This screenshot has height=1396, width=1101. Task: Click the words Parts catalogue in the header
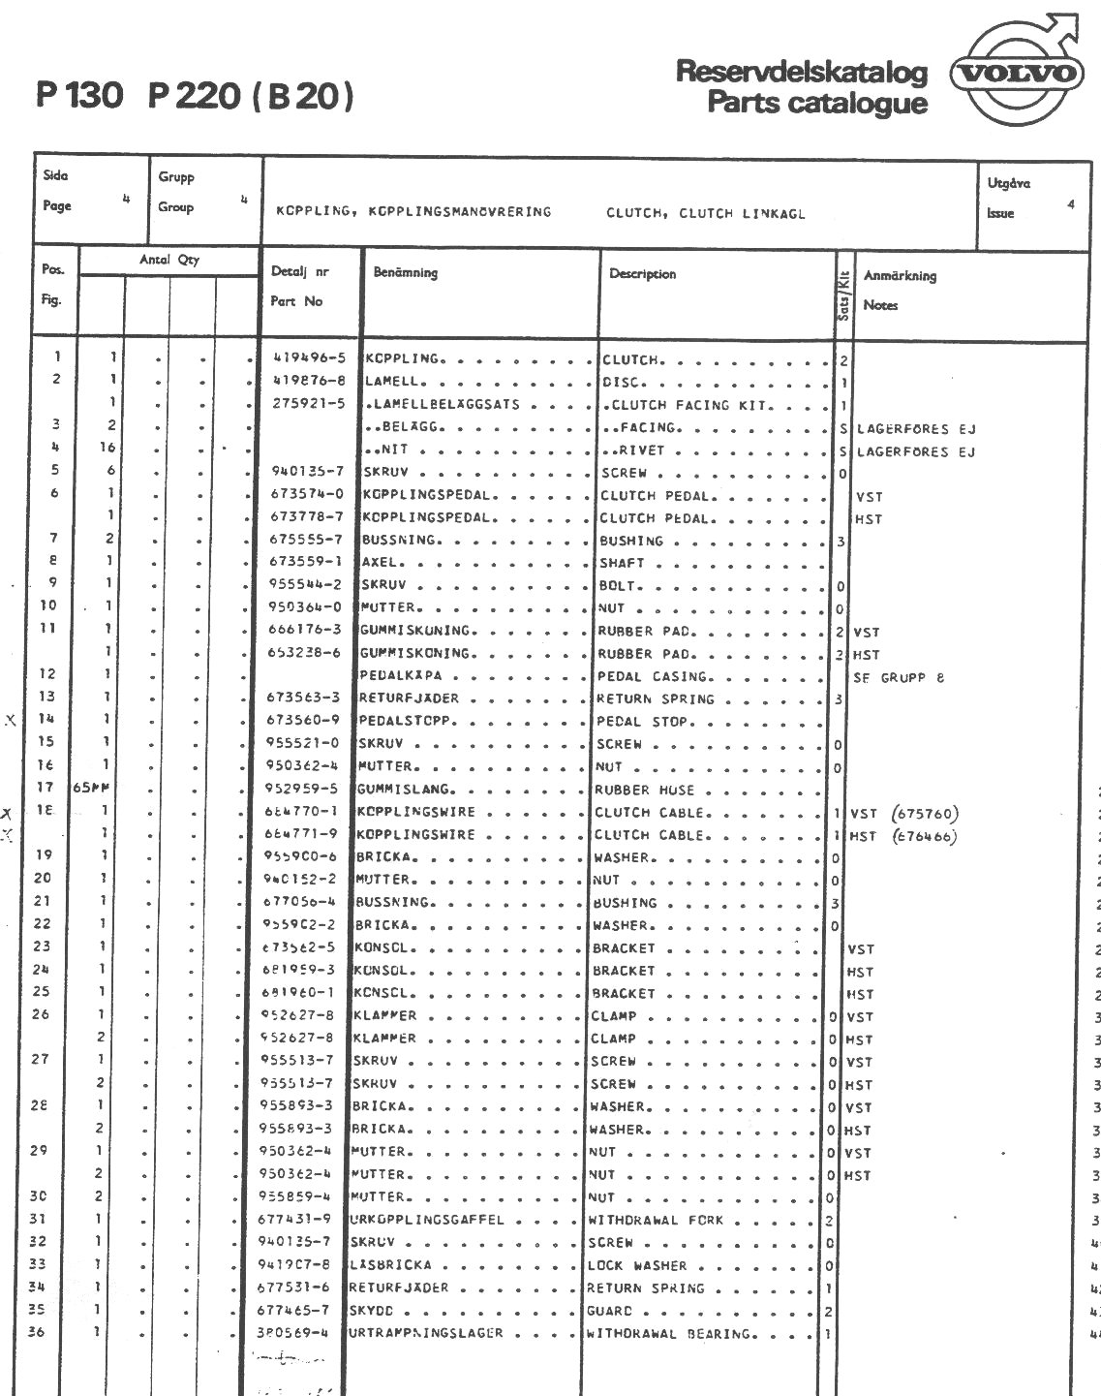[x=816, y=103]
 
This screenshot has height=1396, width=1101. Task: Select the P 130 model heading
[x=80, y=96]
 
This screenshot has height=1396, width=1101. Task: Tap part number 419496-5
[x=308, y=358]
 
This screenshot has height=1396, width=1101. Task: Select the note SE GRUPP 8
[x=900, y=677]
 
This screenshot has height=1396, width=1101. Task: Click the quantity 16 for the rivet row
[x=107, y=448]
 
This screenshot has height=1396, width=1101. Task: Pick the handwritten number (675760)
[x=927, y=813]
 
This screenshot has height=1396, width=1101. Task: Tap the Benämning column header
[x=405, y=273]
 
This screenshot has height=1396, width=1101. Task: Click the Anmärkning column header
[x=900, y=276]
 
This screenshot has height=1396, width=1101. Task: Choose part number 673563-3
[x=303, y=698]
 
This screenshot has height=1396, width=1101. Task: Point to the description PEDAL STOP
[x=642, y=722]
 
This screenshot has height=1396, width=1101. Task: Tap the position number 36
[x=36, y=1332]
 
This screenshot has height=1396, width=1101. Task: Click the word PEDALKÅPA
[x=407, y=676]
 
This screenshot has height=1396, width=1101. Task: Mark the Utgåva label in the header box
[x=1008, y=183]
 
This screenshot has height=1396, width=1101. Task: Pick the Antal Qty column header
[x=169, y=260]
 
